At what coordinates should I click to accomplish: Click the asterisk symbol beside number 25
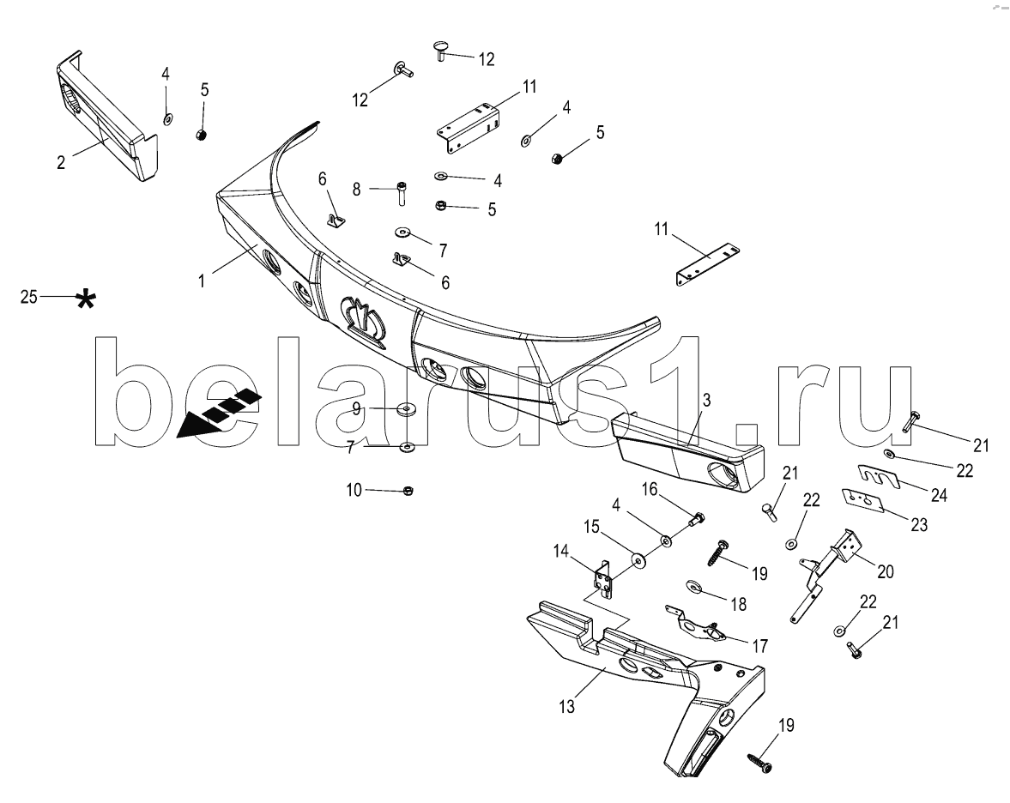pos(85,299)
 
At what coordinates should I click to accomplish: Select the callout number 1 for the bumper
pos(202,281)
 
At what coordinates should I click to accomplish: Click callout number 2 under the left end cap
pos(61,162)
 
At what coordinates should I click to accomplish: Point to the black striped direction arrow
pos(219,414)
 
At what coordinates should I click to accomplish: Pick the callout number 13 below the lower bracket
pos(566,706)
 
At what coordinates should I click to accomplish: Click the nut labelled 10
pos(407,491)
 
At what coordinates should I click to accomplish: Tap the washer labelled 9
pos(406,408)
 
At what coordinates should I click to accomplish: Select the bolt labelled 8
pos(402,192)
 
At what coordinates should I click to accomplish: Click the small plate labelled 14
pos(603,580)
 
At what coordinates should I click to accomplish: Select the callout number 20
pos(885,571)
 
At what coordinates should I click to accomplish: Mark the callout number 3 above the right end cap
pos(706,401)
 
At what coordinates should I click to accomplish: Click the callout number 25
pos(29,297)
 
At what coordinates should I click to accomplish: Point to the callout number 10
pos(354,490)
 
